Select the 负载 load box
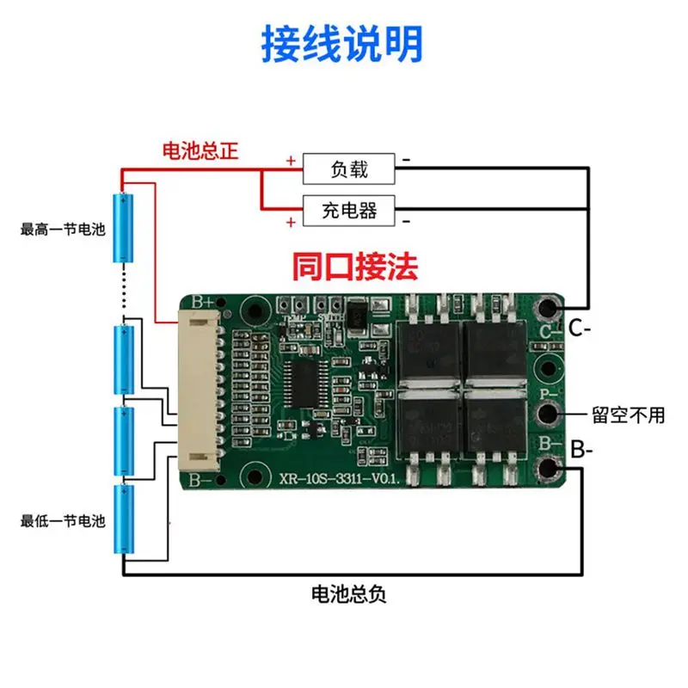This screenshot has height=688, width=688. coord(348,169)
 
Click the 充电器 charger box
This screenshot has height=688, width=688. coord(348,209)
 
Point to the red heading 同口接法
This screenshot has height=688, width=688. coord(354,267)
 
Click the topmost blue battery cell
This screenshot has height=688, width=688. coord(125,228)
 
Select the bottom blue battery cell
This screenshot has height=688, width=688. coord(125,520)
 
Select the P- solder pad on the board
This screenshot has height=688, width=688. coord(547,413)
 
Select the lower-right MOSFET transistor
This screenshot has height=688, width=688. coord(493,419)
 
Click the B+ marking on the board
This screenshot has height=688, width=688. coord(203,302)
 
